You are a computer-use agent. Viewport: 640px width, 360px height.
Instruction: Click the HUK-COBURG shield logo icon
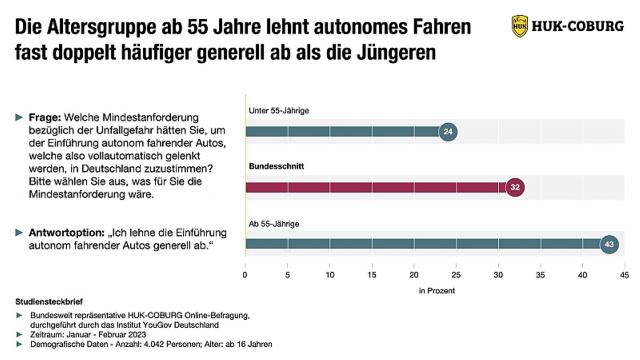(520, 26)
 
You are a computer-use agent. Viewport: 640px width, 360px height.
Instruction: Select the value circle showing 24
(448, 132)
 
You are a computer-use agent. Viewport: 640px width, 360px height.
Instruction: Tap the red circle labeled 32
(515, 188)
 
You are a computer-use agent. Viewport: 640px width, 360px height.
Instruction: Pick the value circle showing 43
(609, 244)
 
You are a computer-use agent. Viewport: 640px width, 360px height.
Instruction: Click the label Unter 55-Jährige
(279, 111)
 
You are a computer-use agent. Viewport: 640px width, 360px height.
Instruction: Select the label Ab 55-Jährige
(274, 224)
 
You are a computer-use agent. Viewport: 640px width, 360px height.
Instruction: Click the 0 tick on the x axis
(245, 275)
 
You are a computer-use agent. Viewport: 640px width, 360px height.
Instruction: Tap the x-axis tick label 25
(456, 275)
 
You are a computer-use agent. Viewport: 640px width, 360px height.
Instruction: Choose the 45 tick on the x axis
(624, 275)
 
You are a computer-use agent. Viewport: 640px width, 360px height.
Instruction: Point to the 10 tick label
(330, 275)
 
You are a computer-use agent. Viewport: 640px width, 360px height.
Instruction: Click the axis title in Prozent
(436, 291)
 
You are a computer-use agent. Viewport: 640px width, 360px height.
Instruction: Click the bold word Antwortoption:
(66, 233)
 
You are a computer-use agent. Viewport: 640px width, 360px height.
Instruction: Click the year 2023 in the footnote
(137, 334)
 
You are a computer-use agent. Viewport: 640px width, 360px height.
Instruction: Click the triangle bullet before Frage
(19, 118)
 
